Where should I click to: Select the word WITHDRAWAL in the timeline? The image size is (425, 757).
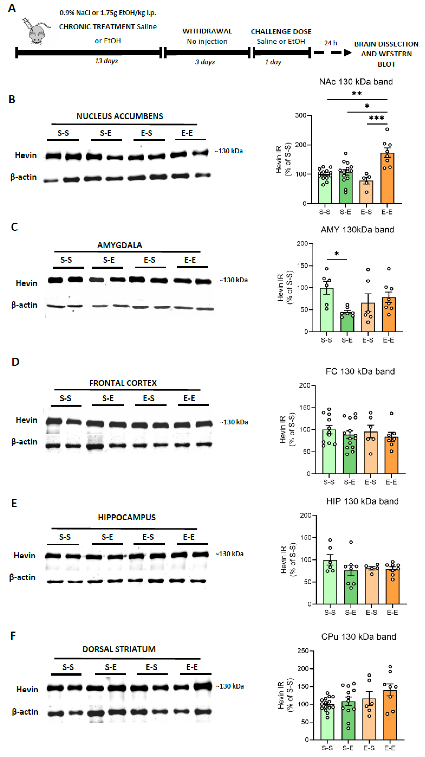tap(207, 31)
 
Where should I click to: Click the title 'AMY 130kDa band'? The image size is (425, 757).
tap(357, 230)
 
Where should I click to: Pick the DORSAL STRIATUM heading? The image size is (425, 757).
tap(119, 649)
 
